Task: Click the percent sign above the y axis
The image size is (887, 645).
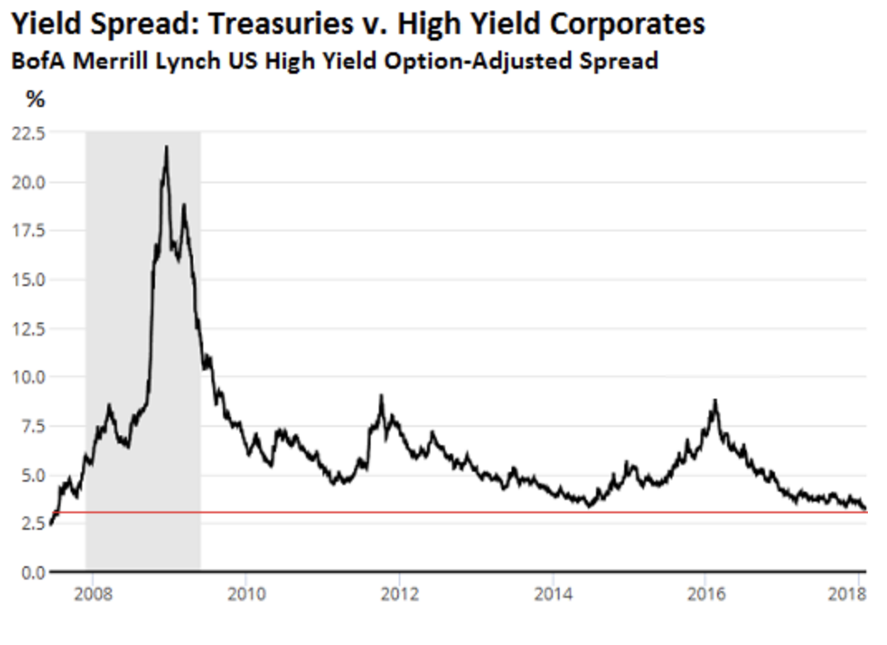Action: [x=35, y=100]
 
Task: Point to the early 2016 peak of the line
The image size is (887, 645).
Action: [x=715, y=400]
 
